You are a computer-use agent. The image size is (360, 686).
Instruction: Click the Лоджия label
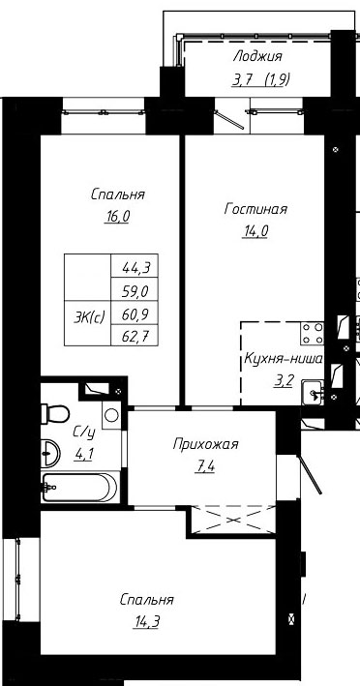[258, 56]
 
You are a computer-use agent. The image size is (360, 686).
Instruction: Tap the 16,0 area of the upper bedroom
[117, 217]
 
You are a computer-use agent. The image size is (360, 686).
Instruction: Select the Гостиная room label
[255, 209]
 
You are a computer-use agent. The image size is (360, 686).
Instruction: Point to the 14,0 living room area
[255, 231]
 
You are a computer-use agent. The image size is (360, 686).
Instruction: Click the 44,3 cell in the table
[135, 265]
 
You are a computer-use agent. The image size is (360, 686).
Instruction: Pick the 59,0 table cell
[135, 289]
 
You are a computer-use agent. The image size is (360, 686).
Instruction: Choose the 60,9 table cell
[135, 313]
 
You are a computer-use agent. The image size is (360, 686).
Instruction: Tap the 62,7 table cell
[135, 336]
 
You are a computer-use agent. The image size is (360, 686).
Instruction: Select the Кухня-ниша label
[284, 360]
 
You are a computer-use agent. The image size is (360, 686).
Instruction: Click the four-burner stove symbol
[312, 333]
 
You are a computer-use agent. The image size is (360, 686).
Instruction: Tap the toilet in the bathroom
[55, 414]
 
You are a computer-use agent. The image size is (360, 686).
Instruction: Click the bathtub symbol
[79, 487]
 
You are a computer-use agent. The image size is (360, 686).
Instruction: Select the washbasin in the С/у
[50, 453]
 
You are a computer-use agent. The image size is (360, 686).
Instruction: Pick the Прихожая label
[205, 445]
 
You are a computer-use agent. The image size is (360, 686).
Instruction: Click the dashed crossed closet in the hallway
[233, 520]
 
